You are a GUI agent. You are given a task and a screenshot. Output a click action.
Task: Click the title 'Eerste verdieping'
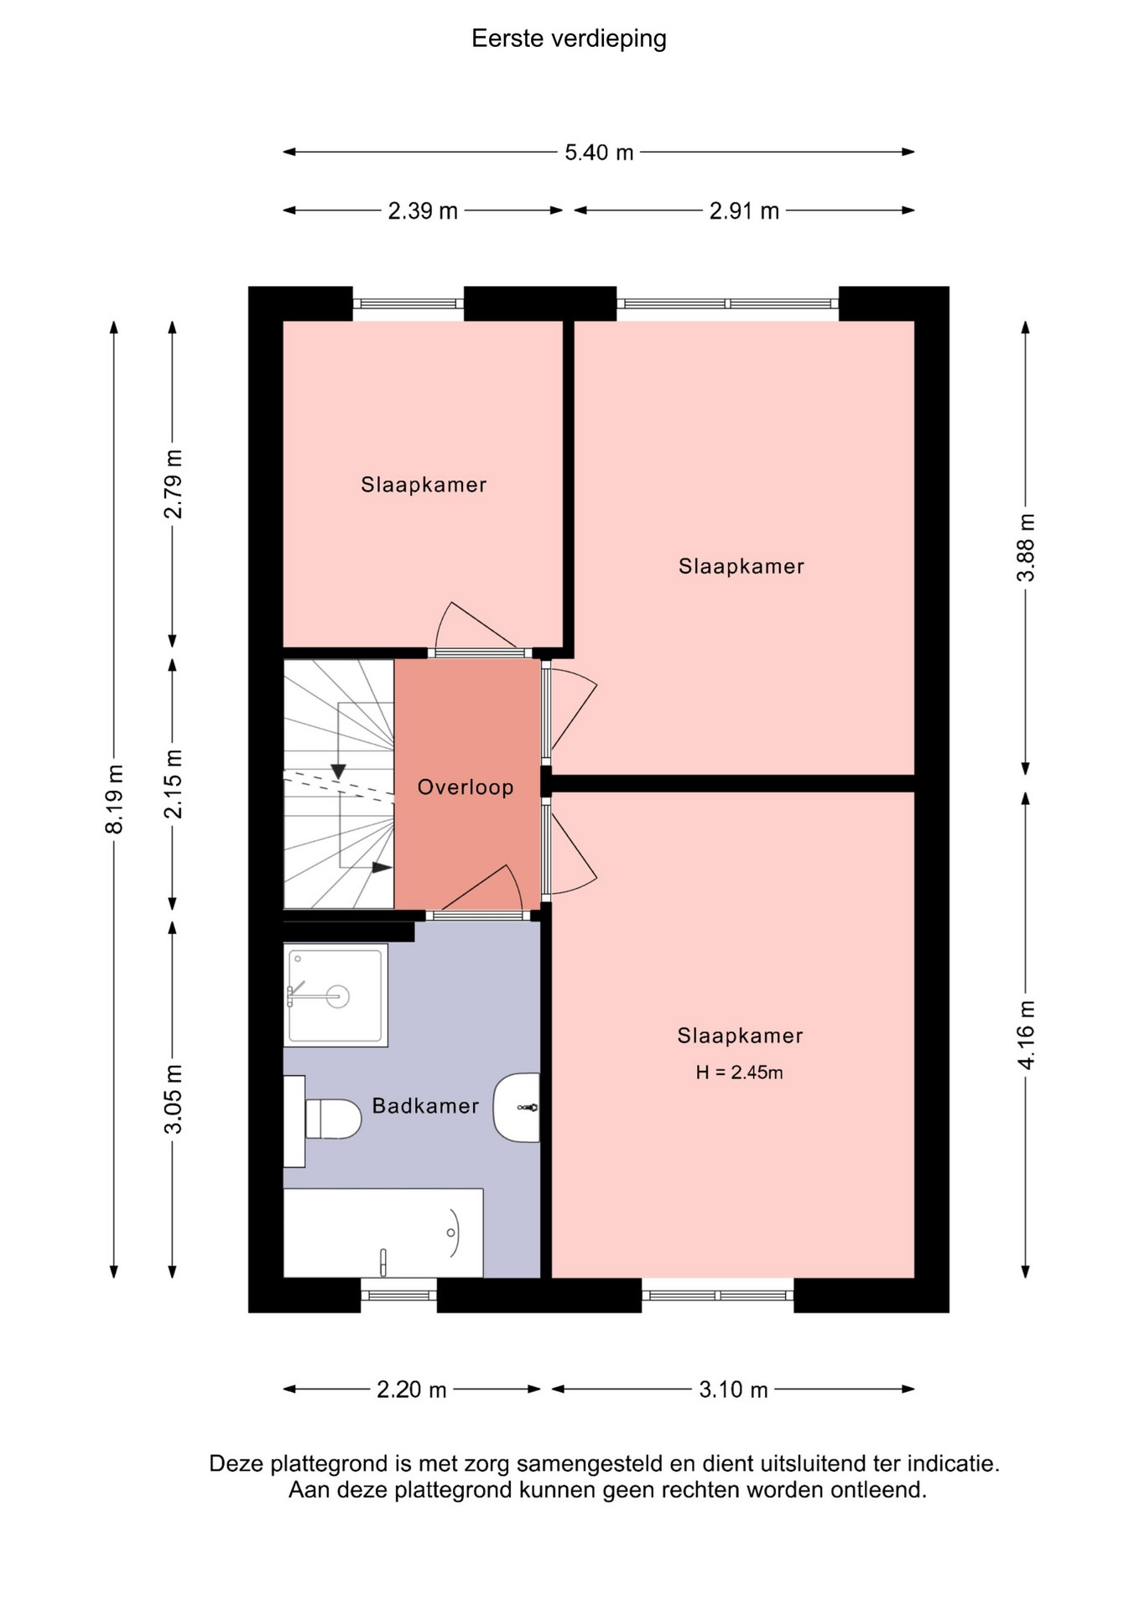pyautogui.click(x=569, y=39)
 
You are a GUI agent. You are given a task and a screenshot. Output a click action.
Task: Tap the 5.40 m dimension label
pyautogui.click(x=599, y=153)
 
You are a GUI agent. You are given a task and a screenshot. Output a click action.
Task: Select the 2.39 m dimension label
pyautogui.click(x=423, y=210)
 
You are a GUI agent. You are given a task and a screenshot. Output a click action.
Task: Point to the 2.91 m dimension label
pyautogui.click(x=744, y=210)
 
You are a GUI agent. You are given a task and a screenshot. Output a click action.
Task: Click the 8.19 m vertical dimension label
pyautogui.click(x=114, y=799)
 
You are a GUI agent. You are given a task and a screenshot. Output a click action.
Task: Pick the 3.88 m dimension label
pyautogui.click(x=1026, y=548)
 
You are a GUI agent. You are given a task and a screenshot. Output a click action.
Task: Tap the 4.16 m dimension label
pyautogui.click(x=1026, y=1035)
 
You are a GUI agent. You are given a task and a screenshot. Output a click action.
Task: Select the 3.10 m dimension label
pyautogui.click(x=734, y=1389)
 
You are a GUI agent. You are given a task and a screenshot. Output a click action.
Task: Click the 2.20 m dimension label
pyautogui.click(x=411, y=1389)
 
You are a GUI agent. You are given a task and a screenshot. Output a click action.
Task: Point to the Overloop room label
pyautogui.click(x=465, y=787)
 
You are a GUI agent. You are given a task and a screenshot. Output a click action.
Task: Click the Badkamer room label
pyautogui.click(x=425, y=1106)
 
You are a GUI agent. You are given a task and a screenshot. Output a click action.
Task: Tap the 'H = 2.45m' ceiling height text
pyautogui.click(x=739, y=1072)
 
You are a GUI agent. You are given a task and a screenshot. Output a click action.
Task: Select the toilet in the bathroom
pyautogui.click(x=323, y=1119)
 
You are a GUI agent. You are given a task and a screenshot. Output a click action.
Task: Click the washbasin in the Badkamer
pyautogui.click(x=517, y=1108)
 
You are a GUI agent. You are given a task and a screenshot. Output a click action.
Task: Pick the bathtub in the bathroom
pyautogui.click(x=383, y=1233)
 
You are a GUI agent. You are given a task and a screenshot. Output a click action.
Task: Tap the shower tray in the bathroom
pyautogui.click(x=335, y=995)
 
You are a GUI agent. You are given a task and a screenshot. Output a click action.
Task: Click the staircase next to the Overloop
pyautogui.click(x=339, y=784)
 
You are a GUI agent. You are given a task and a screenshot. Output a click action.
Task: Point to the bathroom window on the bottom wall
pyautogui.click(x=399, y=1295)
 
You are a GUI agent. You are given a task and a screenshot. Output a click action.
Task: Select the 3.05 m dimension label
pyautogui.click(x=173, y=1098)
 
